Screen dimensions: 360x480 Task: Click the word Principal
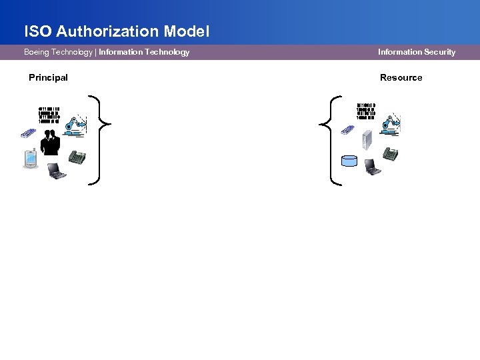pyautogui.click(x=48, y=77)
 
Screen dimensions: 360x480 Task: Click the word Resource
pyautogui.click(x=401, y=77)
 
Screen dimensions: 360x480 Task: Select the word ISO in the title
pyautogui.click(x=37, y=31)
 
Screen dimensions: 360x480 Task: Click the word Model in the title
pyautogui.click(x=191, y=31)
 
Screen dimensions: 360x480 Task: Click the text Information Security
pyautogui.click(x=416, y=52)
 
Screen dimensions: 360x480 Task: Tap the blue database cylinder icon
pyautogui.click(x=349, y=161)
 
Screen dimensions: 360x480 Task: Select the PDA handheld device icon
pyautogui.click(x=29, y=160)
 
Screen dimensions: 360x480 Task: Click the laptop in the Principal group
pyautogui.click(x=57, y=172)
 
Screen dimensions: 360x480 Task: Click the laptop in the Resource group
pyautogui.click(x=372, y=167)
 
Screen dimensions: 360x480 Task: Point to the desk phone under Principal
pyautogui.click(x=79, y=159)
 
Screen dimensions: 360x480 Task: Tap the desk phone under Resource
pyautogui.click(x=391, y=154)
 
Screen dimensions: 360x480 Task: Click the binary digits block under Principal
pyautogui.click(x=49, y=115)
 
